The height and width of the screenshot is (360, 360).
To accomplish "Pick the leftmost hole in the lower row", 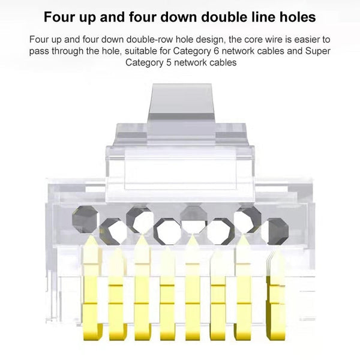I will click(x=111, y=229).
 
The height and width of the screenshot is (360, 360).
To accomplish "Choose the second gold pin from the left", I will click(x=116, y=294).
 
